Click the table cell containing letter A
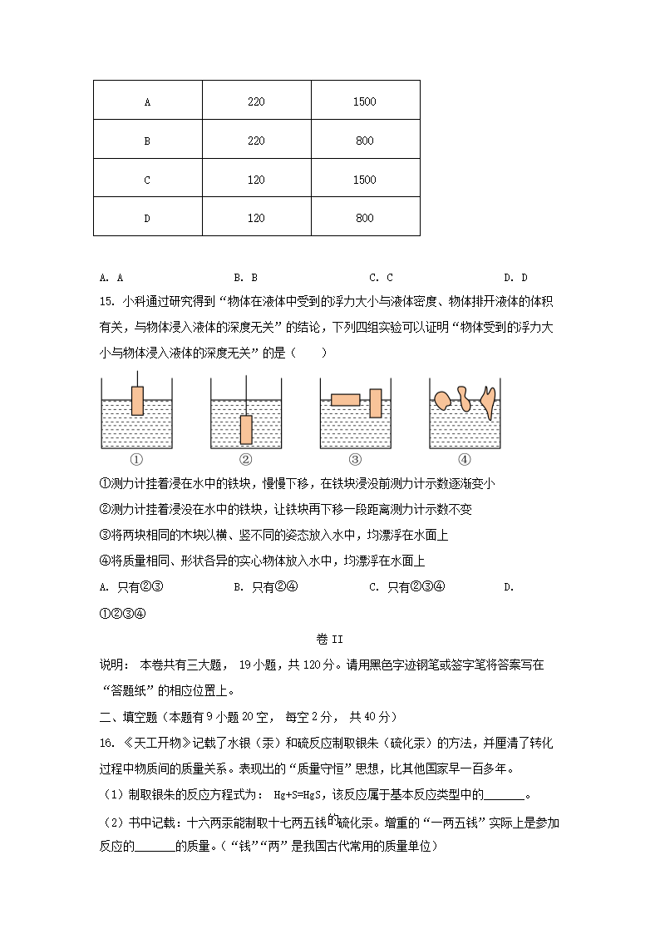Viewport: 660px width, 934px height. click(x=147, y=102)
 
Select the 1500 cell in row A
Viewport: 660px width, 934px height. click(x=364, y=102)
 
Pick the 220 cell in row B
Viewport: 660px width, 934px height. click(x=256, y=141)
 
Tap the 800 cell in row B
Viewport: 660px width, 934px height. click(x=364, y=141)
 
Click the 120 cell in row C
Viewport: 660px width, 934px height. click(x=256, y=180)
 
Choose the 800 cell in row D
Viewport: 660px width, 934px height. click(x=364, y=218)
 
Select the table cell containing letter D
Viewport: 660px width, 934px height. click(x=147, y=218)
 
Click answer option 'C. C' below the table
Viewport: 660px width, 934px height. click(x=381, y=278)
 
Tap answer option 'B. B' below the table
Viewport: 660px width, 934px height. click(x=246, y=278)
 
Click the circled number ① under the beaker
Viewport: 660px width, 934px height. click(x=137, y=459)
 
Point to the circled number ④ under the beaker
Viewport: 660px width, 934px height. click(x=465, y=459)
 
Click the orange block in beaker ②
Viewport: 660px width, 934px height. click(x=246, y=429)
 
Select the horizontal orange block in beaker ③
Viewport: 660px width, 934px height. click(x=345, y=399)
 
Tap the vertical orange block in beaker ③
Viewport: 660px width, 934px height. click(x=376, y=403)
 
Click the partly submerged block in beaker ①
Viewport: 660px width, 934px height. click(x=137, y=401)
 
